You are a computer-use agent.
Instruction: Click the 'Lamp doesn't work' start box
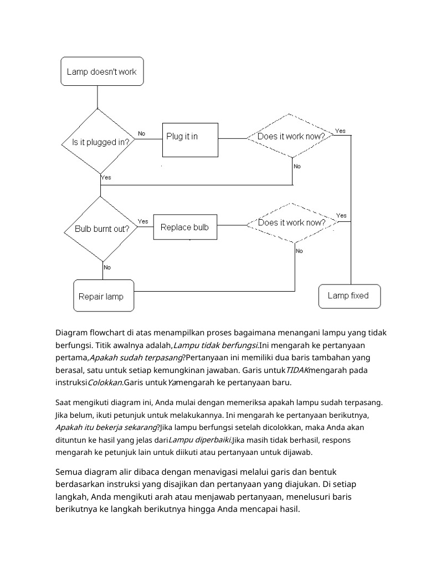(102, 71)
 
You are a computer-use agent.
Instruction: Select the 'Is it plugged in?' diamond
(98, 142)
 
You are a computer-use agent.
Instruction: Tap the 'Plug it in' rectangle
(190, 140)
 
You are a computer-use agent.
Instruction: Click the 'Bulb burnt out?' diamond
(101, 229)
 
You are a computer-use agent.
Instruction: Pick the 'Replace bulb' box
(185, 227)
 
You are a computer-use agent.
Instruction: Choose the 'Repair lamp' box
(104, 296)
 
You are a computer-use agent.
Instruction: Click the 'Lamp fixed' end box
(349, 296)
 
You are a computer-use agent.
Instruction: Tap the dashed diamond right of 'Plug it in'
(290, 136)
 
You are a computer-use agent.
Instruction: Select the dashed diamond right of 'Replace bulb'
(292, 222)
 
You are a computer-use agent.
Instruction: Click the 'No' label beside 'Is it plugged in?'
(141, 133)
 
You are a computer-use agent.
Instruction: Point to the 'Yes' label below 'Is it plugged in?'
(106, 178)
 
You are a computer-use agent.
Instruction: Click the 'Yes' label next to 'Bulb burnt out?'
(143, 221)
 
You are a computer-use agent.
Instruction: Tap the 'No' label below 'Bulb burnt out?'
(107, 267)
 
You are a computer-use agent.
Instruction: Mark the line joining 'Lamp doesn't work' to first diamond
(98, 97)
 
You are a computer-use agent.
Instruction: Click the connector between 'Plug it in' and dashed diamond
(233, 138)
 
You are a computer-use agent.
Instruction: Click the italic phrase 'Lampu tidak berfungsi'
(216, 345)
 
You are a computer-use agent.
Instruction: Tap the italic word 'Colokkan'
(105, 382)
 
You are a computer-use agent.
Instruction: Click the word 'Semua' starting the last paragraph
(68, 472)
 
